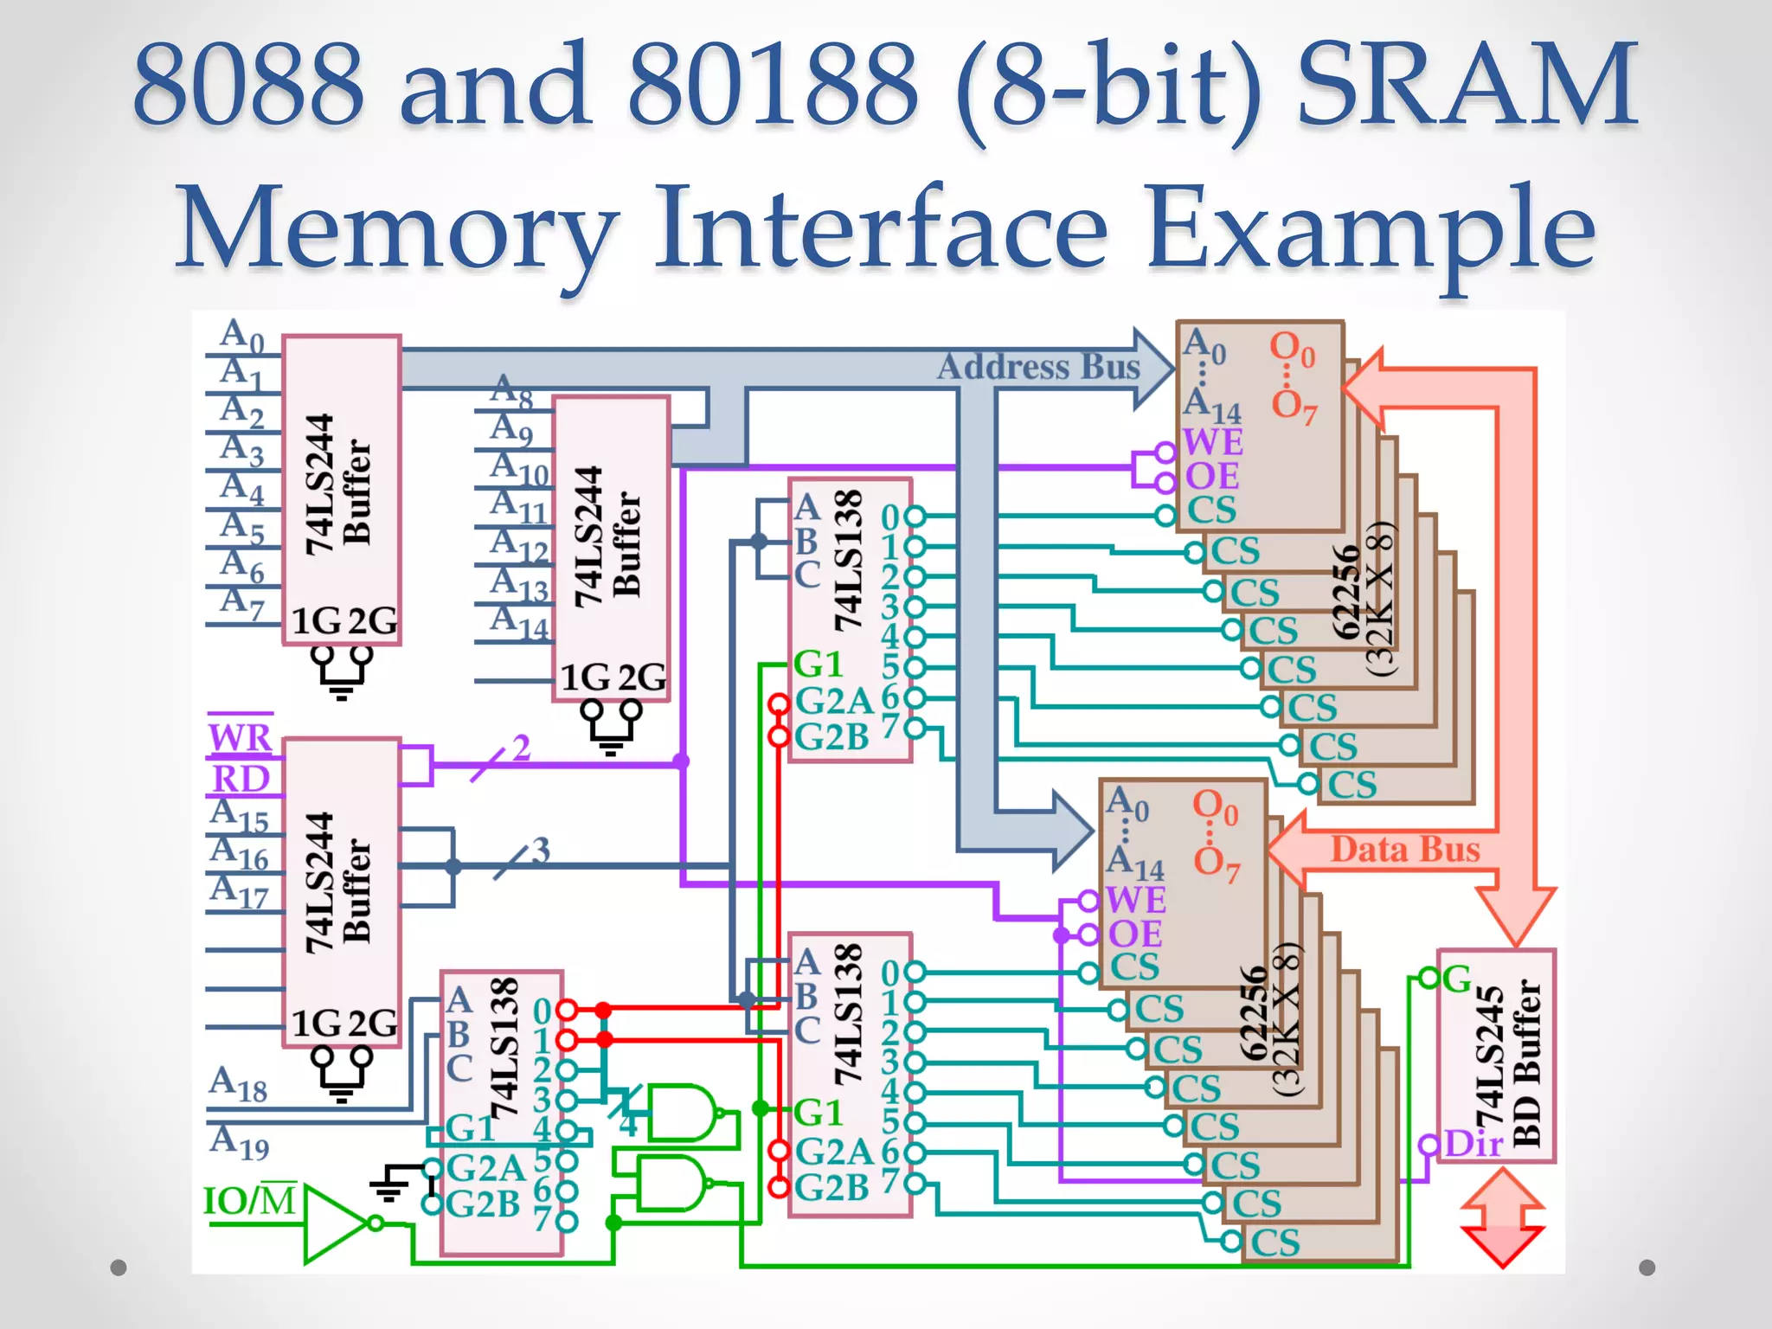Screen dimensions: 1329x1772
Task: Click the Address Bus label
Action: point(1038,367)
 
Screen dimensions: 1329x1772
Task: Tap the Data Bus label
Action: point(1404,849)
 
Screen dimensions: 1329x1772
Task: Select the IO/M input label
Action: point(249,1201)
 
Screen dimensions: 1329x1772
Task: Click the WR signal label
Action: point(240,738)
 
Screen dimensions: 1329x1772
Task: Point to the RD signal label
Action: point(241,779)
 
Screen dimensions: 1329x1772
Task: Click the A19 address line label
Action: point(239,1141)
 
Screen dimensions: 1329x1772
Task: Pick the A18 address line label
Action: point(238,1084)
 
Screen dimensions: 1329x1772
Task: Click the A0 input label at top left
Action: point(241,336)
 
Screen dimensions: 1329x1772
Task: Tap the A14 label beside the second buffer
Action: point(519,623)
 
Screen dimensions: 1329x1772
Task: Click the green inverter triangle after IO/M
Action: point(333,1223)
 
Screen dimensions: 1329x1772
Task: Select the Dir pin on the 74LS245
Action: point(1473,1144)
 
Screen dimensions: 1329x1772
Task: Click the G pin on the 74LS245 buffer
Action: point(1457,979)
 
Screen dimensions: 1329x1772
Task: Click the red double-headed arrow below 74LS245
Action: point(1502,1218)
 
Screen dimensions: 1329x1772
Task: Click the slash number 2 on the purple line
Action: point(520,748)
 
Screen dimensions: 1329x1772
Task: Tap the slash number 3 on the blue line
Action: point(541,850)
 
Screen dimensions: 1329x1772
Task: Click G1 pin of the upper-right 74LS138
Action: point(818,664)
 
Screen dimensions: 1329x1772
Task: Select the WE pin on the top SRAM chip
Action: point(1212,442)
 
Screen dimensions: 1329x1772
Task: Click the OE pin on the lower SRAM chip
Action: point(1134,934)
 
